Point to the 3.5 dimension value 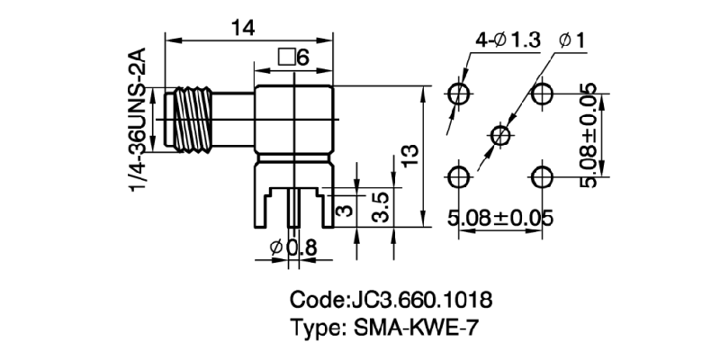pos(382,206)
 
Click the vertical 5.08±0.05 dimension pos(589,135)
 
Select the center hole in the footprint pos(500,135)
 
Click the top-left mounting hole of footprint pos(459,94)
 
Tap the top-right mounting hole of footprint pos(542,94)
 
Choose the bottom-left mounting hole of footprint pos(459,175)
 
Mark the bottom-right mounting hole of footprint pos(542,175)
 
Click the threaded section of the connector pos(191,118)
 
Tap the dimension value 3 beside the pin pos(342,211)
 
